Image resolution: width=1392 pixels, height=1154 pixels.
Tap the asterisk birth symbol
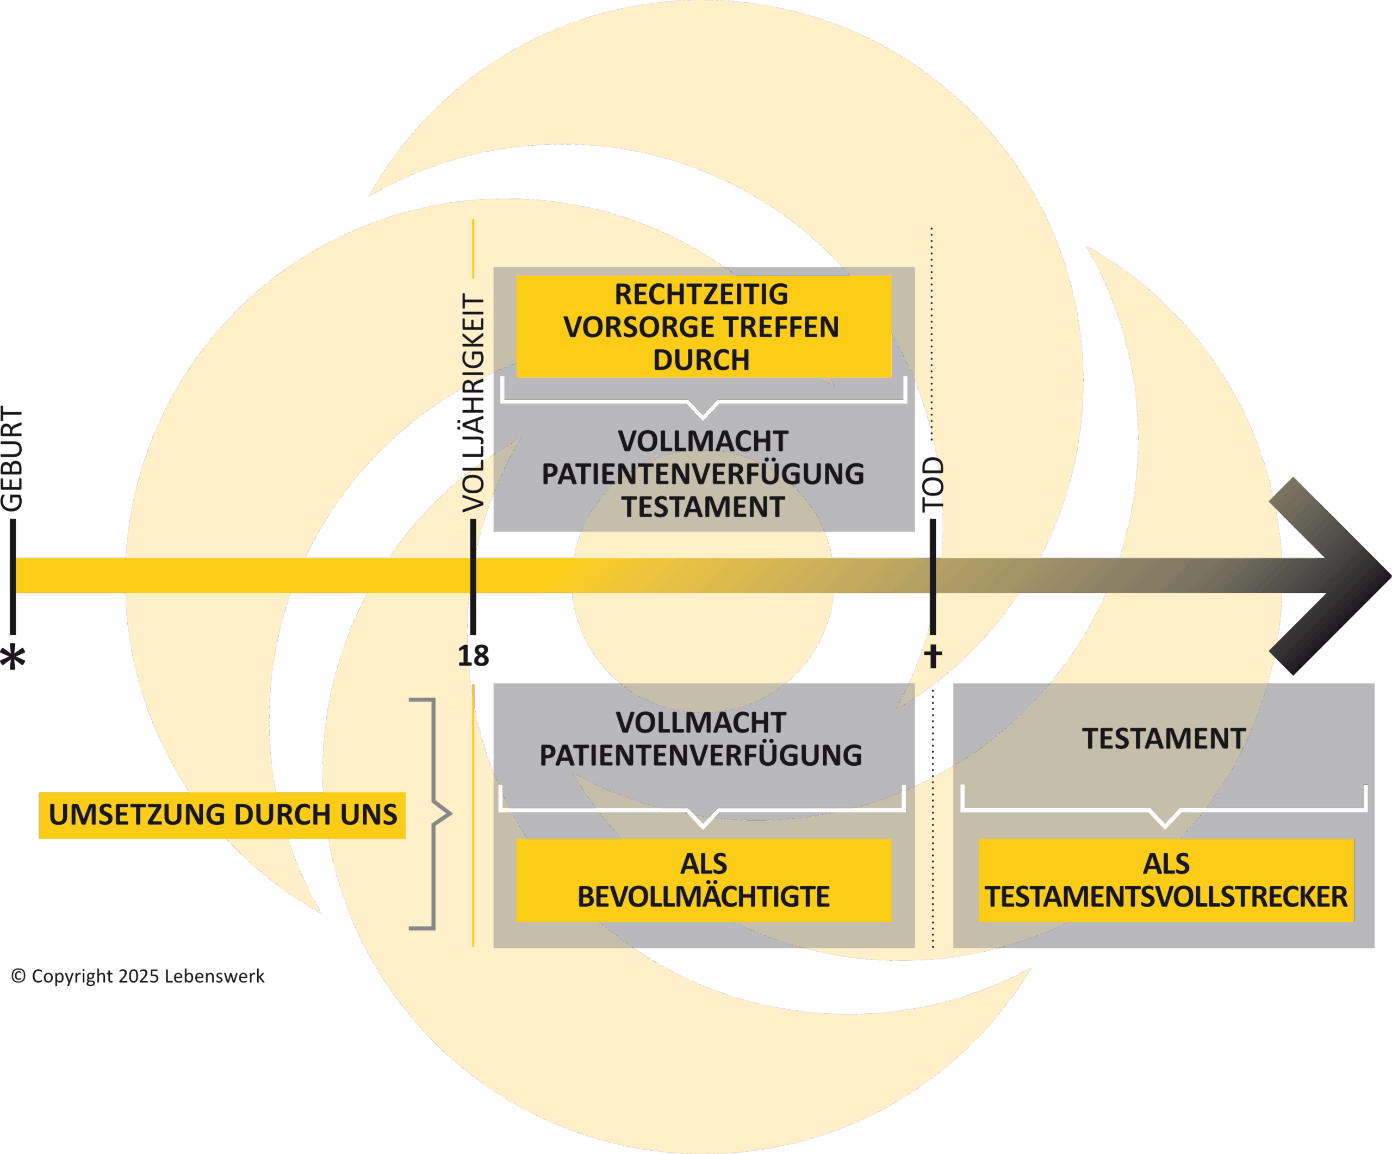coord(13,657)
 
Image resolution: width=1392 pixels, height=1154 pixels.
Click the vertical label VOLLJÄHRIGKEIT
coord(473,403)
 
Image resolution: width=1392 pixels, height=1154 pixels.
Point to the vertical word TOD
coord(933,485)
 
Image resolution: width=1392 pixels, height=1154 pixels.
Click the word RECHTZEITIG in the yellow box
coord(701,294)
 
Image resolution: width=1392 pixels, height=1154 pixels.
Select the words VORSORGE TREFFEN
coord(701,327)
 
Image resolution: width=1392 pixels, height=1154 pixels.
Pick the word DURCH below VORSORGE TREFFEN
coord(701,360)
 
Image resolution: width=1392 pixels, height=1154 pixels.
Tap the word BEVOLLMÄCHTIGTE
coord(703,897)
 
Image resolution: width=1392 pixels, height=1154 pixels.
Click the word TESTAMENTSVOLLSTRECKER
coord(1166,897)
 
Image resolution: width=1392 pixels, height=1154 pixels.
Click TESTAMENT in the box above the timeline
coord(703,507)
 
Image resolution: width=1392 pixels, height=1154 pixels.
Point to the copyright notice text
coord(138,976)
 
